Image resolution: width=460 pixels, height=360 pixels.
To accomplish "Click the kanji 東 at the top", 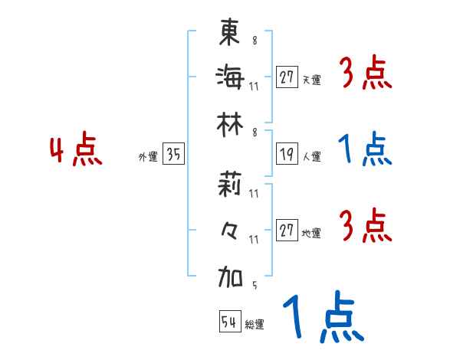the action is tap(230, 32).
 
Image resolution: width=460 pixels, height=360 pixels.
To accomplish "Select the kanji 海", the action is tap(230, 77).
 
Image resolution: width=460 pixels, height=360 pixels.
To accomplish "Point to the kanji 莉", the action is tap(230, 185).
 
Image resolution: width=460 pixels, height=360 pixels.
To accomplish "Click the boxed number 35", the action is tap(173, 155).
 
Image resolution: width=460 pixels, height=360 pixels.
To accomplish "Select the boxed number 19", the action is tap(287, 155).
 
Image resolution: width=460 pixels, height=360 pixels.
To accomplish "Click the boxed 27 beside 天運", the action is tap(287, 77).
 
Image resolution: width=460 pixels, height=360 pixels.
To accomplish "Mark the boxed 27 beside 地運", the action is tap(287, 231).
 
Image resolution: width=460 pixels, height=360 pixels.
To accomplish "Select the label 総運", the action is tap(255, 325).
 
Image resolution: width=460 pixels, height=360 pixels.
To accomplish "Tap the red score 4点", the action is tap(74, 150).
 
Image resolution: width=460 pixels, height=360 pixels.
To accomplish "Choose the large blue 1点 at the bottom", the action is tap(320, 319).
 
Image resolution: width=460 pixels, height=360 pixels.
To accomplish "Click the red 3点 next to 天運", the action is tap(365, 74).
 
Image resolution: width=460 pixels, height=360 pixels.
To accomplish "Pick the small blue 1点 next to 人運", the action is tap(365, 150).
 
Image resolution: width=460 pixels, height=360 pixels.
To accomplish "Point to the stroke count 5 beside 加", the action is tap(254, 286).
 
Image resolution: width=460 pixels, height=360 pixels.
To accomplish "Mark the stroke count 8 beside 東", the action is tap(254, 40).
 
